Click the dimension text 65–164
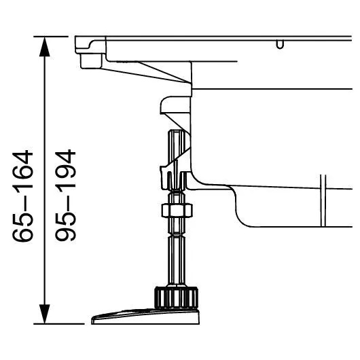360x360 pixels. (x=22, y=196)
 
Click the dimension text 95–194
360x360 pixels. (x=65, y=195)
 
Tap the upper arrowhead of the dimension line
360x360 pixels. (x=45, y=47)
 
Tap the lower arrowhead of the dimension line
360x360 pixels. (x=45, y=314)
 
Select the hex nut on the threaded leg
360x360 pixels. (x=177, y=211)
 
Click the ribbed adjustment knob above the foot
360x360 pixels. (x=177, y=298)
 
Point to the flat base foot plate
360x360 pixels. (x=145, y=317)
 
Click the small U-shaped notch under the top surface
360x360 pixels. (x=280, y=45)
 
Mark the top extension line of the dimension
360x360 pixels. (x=51, y=37)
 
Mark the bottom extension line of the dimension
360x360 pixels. (x=59, y=324)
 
